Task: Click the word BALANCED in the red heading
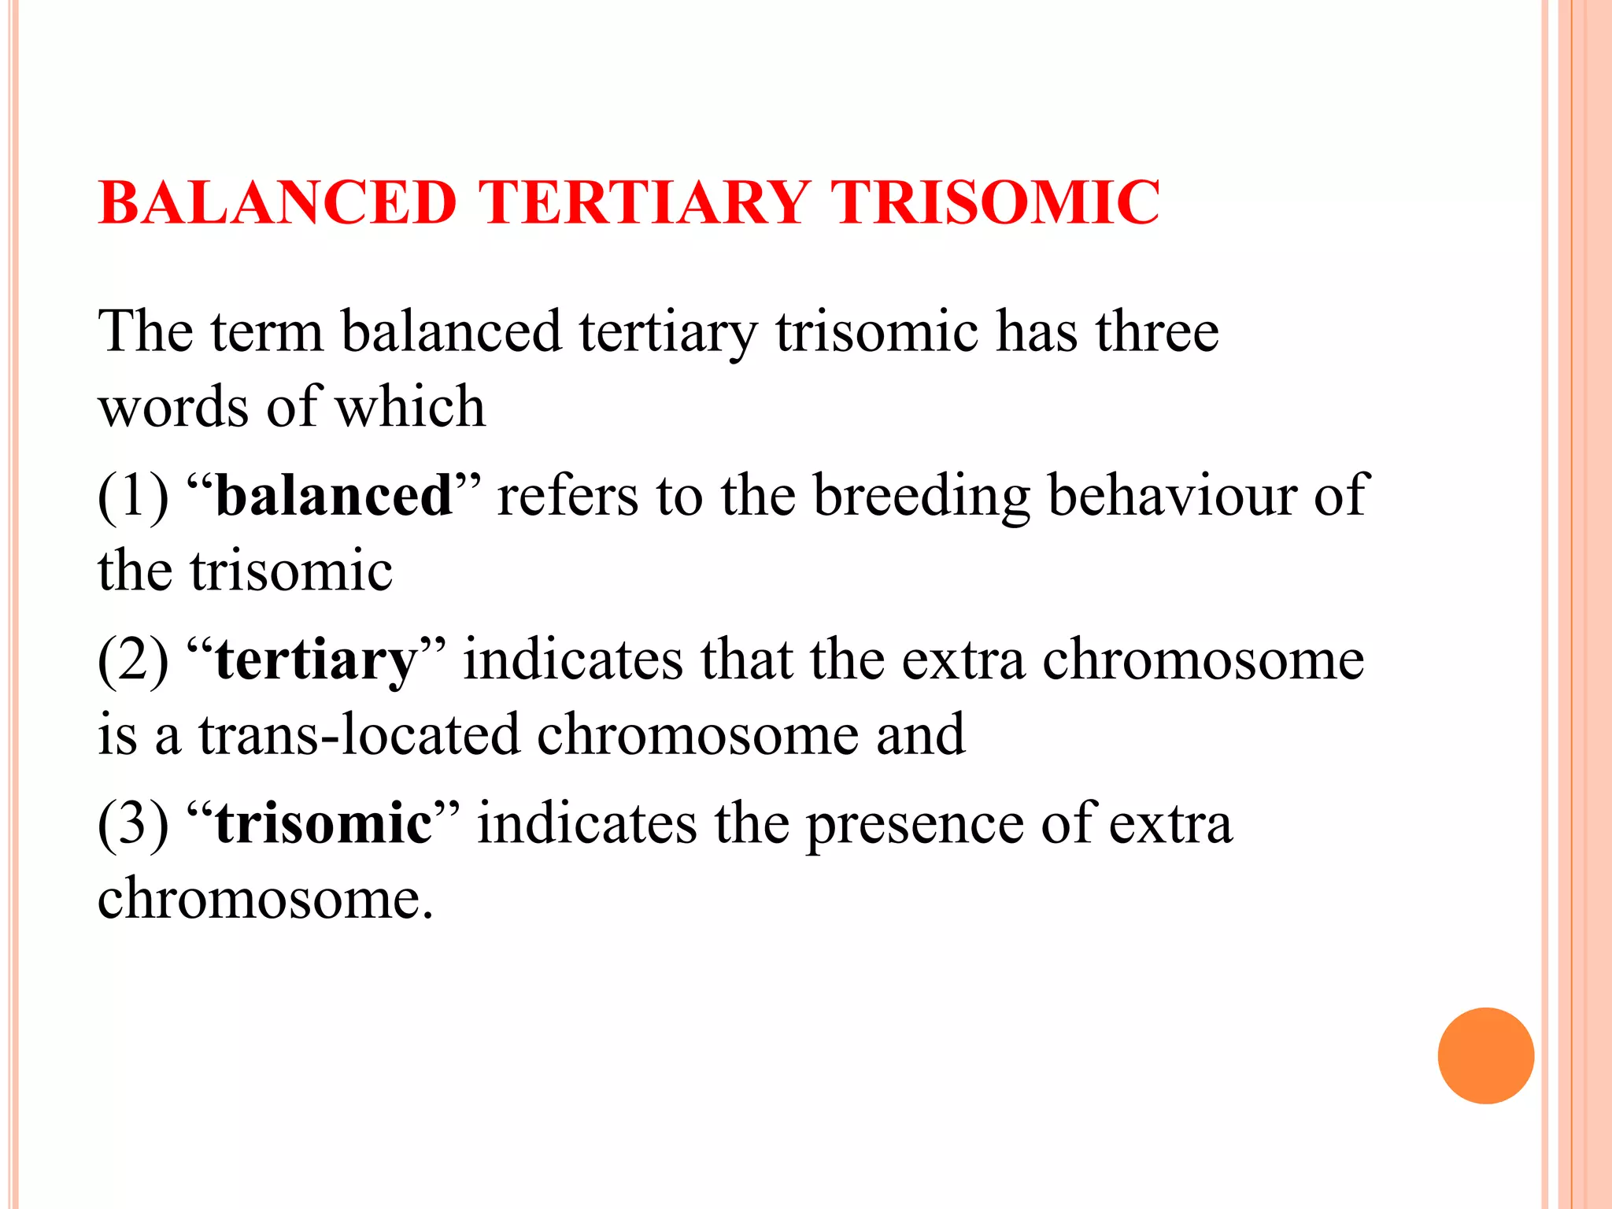pos(278,203)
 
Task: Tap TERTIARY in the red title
pos(645,203)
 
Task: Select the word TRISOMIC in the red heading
pos(996,203)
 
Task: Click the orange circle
pos(1485,1056)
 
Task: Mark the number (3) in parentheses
pos(133,823)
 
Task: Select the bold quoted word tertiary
pos(316,661)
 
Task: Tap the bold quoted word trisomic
pos(324,823)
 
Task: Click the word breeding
pos(922,497)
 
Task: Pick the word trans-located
pos(359,735)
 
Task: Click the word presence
pos(915,825)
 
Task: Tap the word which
pos(410,407)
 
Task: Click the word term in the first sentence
pos(268,333)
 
